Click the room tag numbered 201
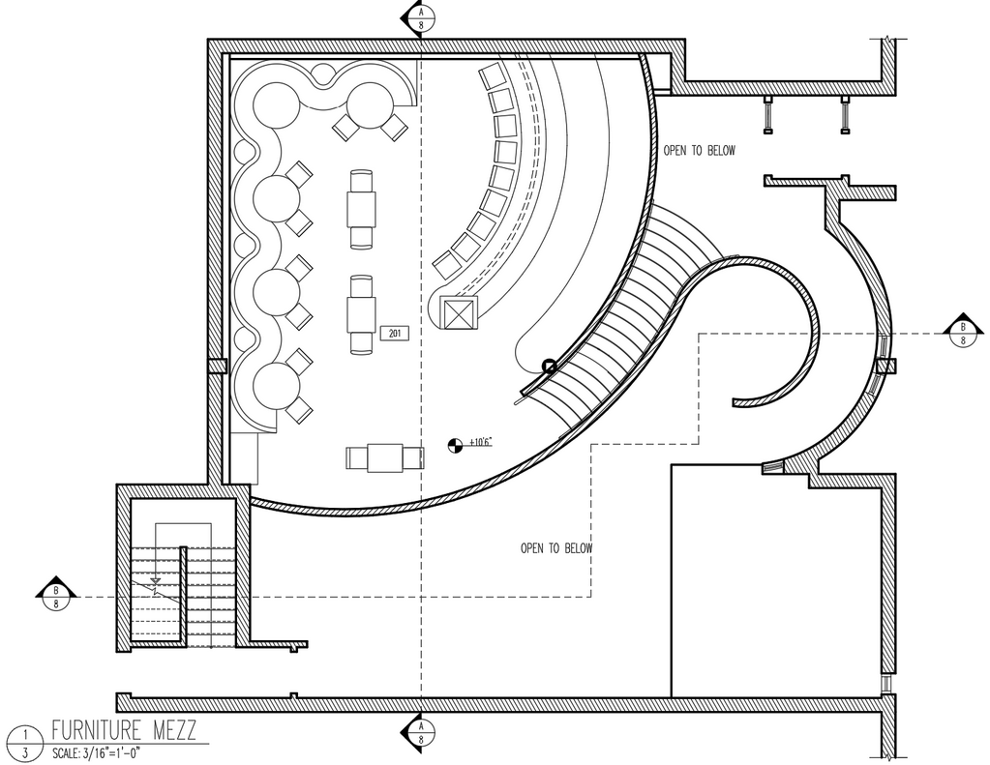394,334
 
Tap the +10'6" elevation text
480,442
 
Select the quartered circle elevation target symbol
453,445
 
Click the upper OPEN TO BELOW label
699,151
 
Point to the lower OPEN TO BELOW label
556,548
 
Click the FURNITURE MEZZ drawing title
123,730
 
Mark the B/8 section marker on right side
963,332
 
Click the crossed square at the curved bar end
458,313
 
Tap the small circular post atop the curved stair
549,366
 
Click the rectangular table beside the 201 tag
362,314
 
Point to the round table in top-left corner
277,103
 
